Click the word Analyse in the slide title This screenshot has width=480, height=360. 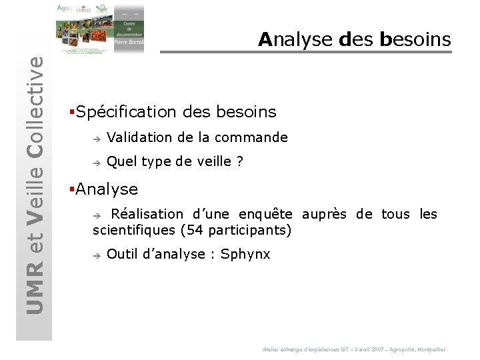tap(295, 40)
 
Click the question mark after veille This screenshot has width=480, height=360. tap(239, 161)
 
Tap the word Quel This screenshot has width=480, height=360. tap(121, 161)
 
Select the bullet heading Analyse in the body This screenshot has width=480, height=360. tap(107, 189)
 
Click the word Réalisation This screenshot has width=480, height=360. tap(147, 214)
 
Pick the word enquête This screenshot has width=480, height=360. tap(265, 214)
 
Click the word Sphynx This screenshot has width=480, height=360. tap(245, 254)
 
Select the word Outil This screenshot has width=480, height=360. tap(122, 254)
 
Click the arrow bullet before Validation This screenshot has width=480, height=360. tap(96, 139)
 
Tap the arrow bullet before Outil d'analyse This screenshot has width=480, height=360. tap(96, 255)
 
